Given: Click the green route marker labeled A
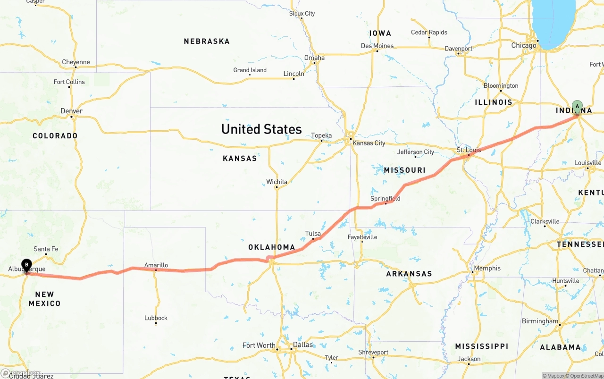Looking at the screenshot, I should tap(577, 106).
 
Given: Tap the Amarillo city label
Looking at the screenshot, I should tap(156, 265).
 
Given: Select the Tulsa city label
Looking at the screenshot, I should tap(313, 234).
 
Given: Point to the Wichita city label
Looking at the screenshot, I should tap(277, 182).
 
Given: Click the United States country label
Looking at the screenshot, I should tap(261, 129).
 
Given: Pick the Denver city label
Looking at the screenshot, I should tap(72, 111).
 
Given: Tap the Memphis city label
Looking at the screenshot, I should tap(487, 268).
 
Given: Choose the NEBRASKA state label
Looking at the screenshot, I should tap(207, 42).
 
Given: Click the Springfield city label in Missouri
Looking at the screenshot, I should tap(385, 199).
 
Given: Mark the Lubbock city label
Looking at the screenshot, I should tap(156, 318).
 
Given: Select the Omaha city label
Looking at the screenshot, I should tap(314, 58).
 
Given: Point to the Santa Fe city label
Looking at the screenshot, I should tap(46, 249).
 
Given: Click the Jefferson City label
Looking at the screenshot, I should tap(415, 152).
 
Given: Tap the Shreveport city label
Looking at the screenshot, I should tap(373, 352).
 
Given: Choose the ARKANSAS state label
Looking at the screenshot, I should tap(409, 274).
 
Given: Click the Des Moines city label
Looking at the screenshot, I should tap(377, 46).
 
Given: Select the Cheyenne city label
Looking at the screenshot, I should tap(75, 62).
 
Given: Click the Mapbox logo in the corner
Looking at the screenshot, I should tap(21, 373).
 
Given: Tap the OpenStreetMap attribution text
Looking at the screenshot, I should tap(586, 376).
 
